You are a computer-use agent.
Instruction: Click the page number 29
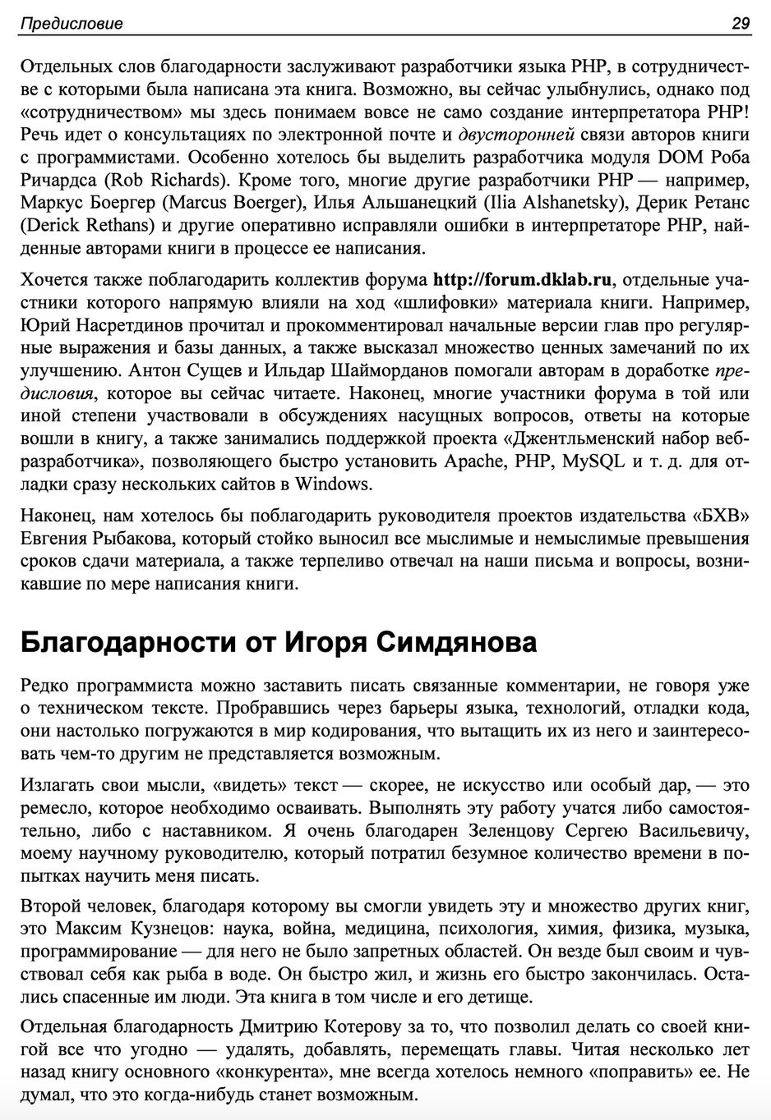pyautogui.click(x=740, y=23)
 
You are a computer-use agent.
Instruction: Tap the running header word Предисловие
pyautogui.click(x=71, y=24)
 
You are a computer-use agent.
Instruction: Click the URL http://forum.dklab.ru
pyautogui.click(x=522, y=281)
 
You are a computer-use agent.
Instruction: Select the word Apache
pyautogui.click(x=473, y=461)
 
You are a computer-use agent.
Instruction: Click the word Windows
pyautogui.click(x=331, y=483)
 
